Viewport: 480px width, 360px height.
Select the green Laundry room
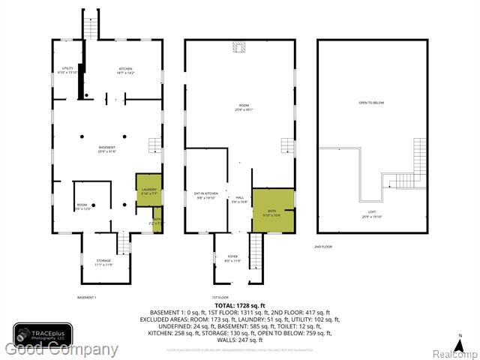[148, 191]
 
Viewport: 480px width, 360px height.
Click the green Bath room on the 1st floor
[272, 210]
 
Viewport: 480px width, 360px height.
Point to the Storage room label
[103, 263]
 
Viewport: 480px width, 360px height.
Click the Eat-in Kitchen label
[205, 197]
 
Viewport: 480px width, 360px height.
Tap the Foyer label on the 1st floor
[232, 259]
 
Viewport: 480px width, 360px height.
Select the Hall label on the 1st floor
[240, 200]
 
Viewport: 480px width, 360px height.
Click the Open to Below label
[373, 103]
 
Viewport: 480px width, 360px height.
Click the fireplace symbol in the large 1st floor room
[240, 49]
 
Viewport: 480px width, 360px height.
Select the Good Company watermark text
[61, 349]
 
